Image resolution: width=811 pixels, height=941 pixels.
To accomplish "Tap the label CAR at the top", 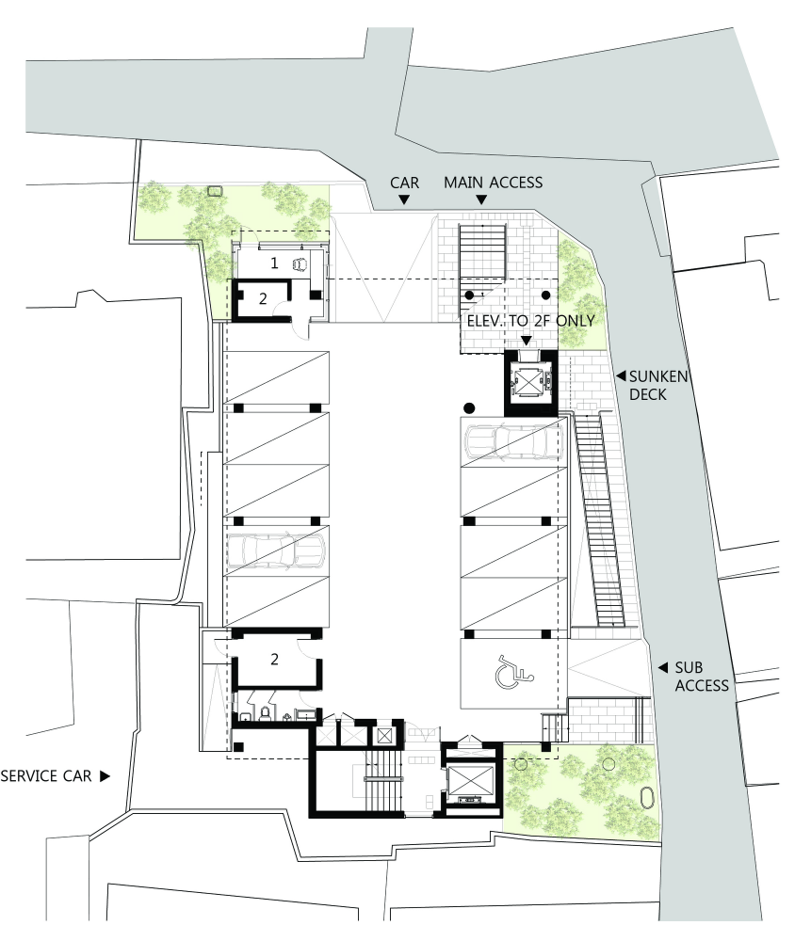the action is tap(404, 183).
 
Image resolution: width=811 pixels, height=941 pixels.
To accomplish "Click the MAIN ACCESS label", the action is tap(494, 183).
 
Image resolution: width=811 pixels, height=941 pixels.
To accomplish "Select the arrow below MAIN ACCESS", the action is tap(481, 199).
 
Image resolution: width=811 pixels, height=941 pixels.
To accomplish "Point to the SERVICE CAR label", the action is tap(46, 776).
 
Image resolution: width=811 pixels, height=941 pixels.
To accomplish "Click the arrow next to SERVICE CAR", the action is tap(105, 776).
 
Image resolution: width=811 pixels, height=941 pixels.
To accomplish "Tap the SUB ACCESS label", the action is tap(702, 677).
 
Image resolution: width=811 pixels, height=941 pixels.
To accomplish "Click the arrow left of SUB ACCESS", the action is tap(662, 667).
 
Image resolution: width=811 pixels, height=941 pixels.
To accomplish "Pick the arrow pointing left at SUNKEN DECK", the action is tap(621, 376).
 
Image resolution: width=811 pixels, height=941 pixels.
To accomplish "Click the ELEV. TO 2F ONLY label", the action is tap(531, 321).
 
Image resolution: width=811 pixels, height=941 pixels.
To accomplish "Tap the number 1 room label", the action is tap(274, 263).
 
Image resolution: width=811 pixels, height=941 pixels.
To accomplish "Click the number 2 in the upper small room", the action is tap(263, 298).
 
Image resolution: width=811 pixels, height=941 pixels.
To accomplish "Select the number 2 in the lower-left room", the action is tap(274, 659).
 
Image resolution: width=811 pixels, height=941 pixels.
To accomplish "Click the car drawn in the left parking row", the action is tap(276, 550).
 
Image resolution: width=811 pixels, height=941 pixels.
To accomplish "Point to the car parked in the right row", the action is tap(514, 442).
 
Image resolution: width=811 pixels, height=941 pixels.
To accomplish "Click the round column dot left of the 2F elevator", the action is tap(470, 408).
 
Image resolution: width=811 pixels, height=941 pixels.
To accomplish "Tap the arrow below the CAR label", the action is tap(404, 199).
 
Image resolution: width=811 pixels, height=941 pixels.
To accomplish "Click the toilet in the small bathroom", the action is tap(265, 713).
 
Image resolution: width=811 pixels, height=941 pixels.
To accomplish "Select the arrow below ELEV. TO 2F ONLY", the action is tap(527, 341).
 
